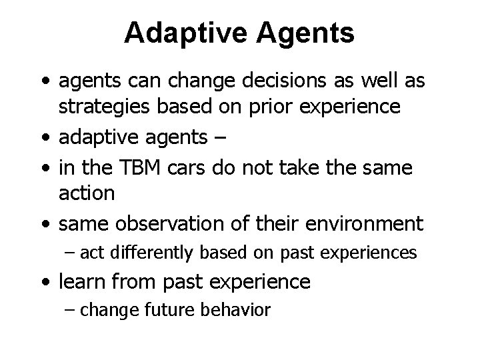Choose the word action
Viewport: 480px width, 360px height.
click(87, 193)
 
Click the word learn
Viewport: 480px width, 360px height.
click(83, 281)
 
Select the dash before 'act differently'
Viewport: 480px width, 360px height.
click(72, 253)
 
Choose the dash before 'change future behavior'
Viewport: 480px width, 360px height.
click(72, 310)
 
